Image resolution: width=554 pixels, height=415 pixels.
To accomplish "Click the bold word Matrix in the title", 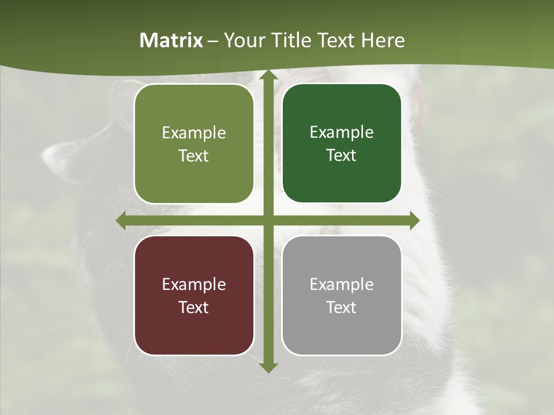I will pyautogui.click(x=171, y=40).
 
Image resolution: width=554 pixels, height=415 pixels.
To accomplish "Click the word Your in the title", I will pyautogui.click(x=243, y=40).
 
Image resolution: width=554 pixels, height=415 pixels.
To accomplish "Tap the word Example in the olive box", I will pyautogui.click(x=194, y=133).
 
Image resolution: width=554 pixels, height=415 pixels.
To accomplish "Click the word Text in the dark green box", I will pyautogui.click(x=342, y=156).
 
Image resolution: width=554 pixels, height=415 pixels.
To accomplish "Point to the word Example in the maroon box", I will pyautogui.click(x=194, y=285).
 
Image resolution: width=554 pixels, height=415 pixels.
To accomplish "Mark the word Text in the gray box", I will pyautogui.click(x=342, y=308).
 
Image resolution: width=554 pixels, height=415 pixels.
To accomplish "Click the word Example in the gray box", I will pyautogui.click(x=342, y=285).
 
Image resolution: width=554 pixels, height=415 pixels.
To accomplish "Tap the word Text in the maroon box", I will pyautogui.click(x=194, y=308).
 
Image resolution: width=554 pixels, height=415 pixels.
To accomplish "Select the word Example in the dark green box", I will pyautogui.click(x=342, y=133).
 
